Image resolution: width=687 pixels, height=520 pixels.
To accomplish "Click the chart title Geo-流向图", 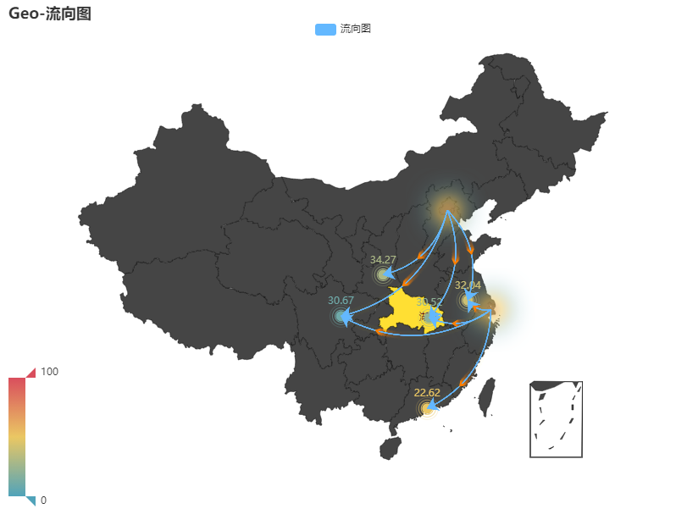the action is pos(50,14).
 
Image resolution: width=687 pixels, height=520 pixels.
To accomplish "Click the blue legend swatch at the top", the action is pos(325,29).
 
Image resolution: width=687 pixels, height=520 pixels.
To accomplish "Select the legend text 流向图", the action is pos(356,29).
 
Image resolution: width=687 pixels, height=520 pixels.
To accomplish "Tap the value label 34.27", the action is pos(383,259).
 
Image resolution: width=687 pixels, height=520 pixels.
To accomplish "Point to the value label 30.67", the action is pos(341,301).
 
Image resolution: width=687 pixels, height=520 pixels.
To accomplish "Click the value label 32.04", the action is pos(468,285).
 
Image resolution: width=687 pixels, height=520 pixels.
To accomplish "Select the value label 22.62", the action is pos(427,393).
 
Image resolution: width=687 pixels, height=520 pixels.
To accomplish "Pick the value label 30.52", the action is pos(429,302).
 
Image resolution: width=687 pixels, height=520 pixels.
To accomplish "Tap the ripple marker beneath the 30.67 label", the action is pos(341,317).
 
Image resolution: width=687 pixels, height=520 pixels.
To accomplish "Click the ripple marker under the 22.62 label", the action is pos(427,409).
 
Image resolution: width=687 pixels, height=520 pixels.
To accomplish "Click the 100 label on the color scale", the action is pos(49,372).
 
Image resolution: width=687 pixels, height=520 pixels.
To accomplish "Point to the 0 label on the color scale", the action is pos(44,501).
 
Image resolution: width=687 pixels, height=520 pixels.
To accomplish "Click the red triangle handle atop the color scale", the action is pos(31,372).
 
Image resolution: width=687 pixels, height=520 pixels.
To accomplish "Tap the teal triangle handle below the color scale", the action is pos(31,501).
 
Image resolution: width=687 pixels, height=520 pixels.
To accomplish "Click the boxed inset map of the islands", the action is pos(556,419).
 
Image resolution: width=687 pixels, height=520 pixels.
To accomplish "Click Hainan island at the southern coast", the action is pos(390,447).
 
